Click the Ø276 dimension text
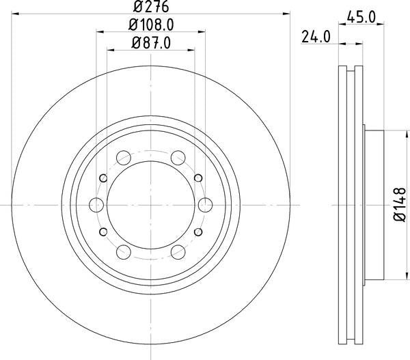tap(151, 9)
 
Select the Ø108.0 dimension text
tap(151, 25)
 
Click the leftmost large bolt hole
tap(96, 204)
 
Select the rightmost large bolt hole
tap(205, 204)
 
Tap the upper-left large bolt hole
tap(124, 157)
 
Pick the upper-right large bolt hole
tap(178, 157)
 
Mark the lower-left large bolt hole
tap(124, 251)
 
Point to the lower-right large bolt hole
tap(178, 251)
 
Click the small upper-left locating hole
tap(104, 178)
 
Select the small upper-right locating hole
tap(198, 178)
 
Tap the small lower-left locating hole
tap(104, 231)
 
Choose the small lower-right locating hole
tap(198, 231)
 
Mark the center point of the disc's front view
tap(151, 204)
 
